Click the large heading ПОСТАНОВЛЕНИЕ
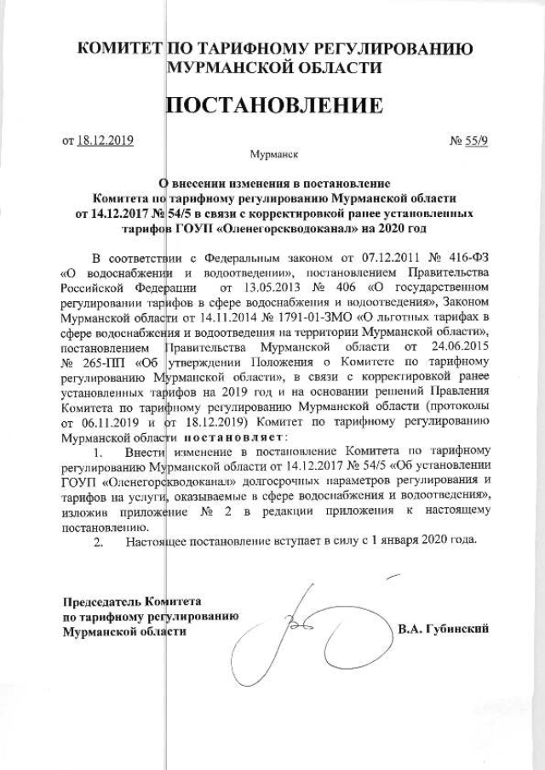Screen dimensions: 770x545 pyautogui.click(x=272, y=106)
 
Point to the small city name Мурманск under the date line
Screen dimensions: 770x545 pyautogui.click(x=273, y=157)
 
